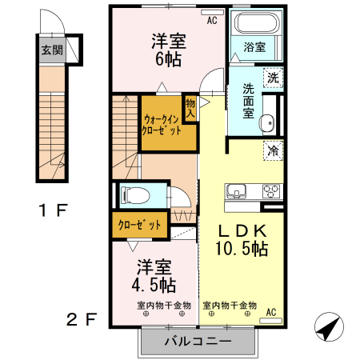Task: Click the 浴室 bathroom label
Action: pyautogui.click(x=255, y=47)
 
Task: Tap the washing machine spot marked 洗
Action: pyautogui.click(x=273, y=78)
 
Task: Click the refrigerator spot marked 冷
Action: pyautogui.click(x=273, y=150)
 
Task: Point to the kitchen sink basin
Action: pyautogui.click(x=238, y=192)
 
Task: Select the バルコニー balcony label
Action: pyautogui.click(x=198, y=342)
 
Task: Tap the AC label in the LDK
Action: pyautogui.click(x=270, y=311)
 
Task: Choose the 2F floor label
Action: pyautogui.click(x=82, y=320)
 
